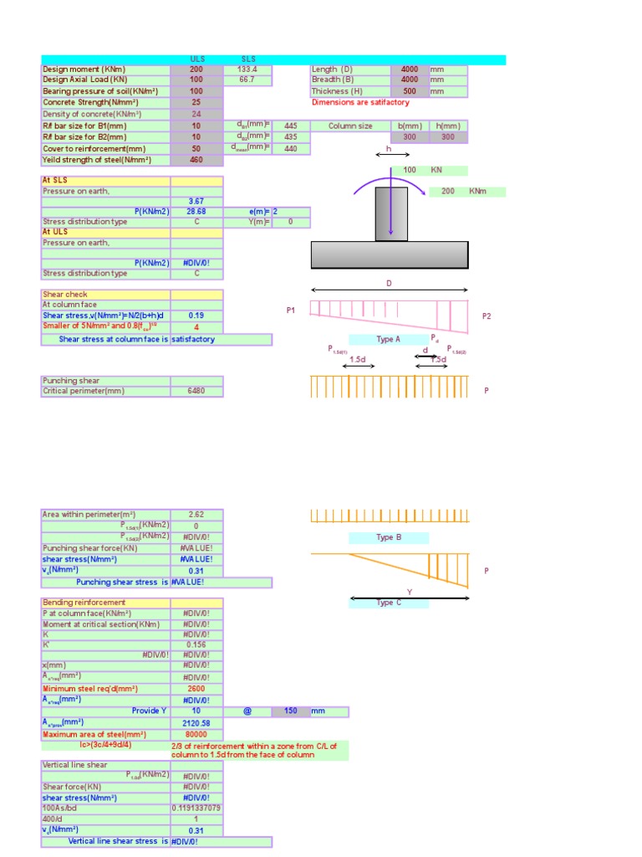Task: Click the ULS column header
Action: [x=197, y=59]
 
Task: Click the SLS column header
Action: [x=247, y=59]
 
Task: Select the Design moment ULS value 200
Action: [x=196, y=69]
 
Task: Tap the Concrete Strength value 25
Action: [x=196, y=102]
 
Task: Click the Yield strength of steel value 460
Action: [x=196, y=159]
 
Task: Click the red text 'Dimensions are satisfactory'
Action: [x=360, y=102]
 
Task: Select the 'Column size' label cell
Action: [x=350, y=126]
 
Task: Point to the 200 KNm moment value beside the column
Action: [x=448, y=192]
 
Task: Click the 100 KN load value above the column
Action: [x=410, y=170]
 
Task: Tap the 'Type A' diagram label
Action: [x=388, y=339]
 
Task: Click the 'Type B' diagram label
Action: [x=389, y=537]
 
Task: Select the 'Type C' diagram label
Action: [x=388, y=603]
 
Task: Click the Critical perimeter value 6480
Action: [x=196, y=391]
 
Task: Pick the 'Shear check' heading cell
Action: [x=106, y=295]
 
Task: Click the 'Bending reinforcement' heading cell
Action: [x=106, y=603]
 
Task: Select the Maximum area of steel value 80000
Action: [x=196, y=734]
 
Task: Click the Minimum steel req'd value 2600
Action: [x=196, y=689]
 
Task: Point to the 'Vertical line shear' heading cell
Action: [x=106, y=764]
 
